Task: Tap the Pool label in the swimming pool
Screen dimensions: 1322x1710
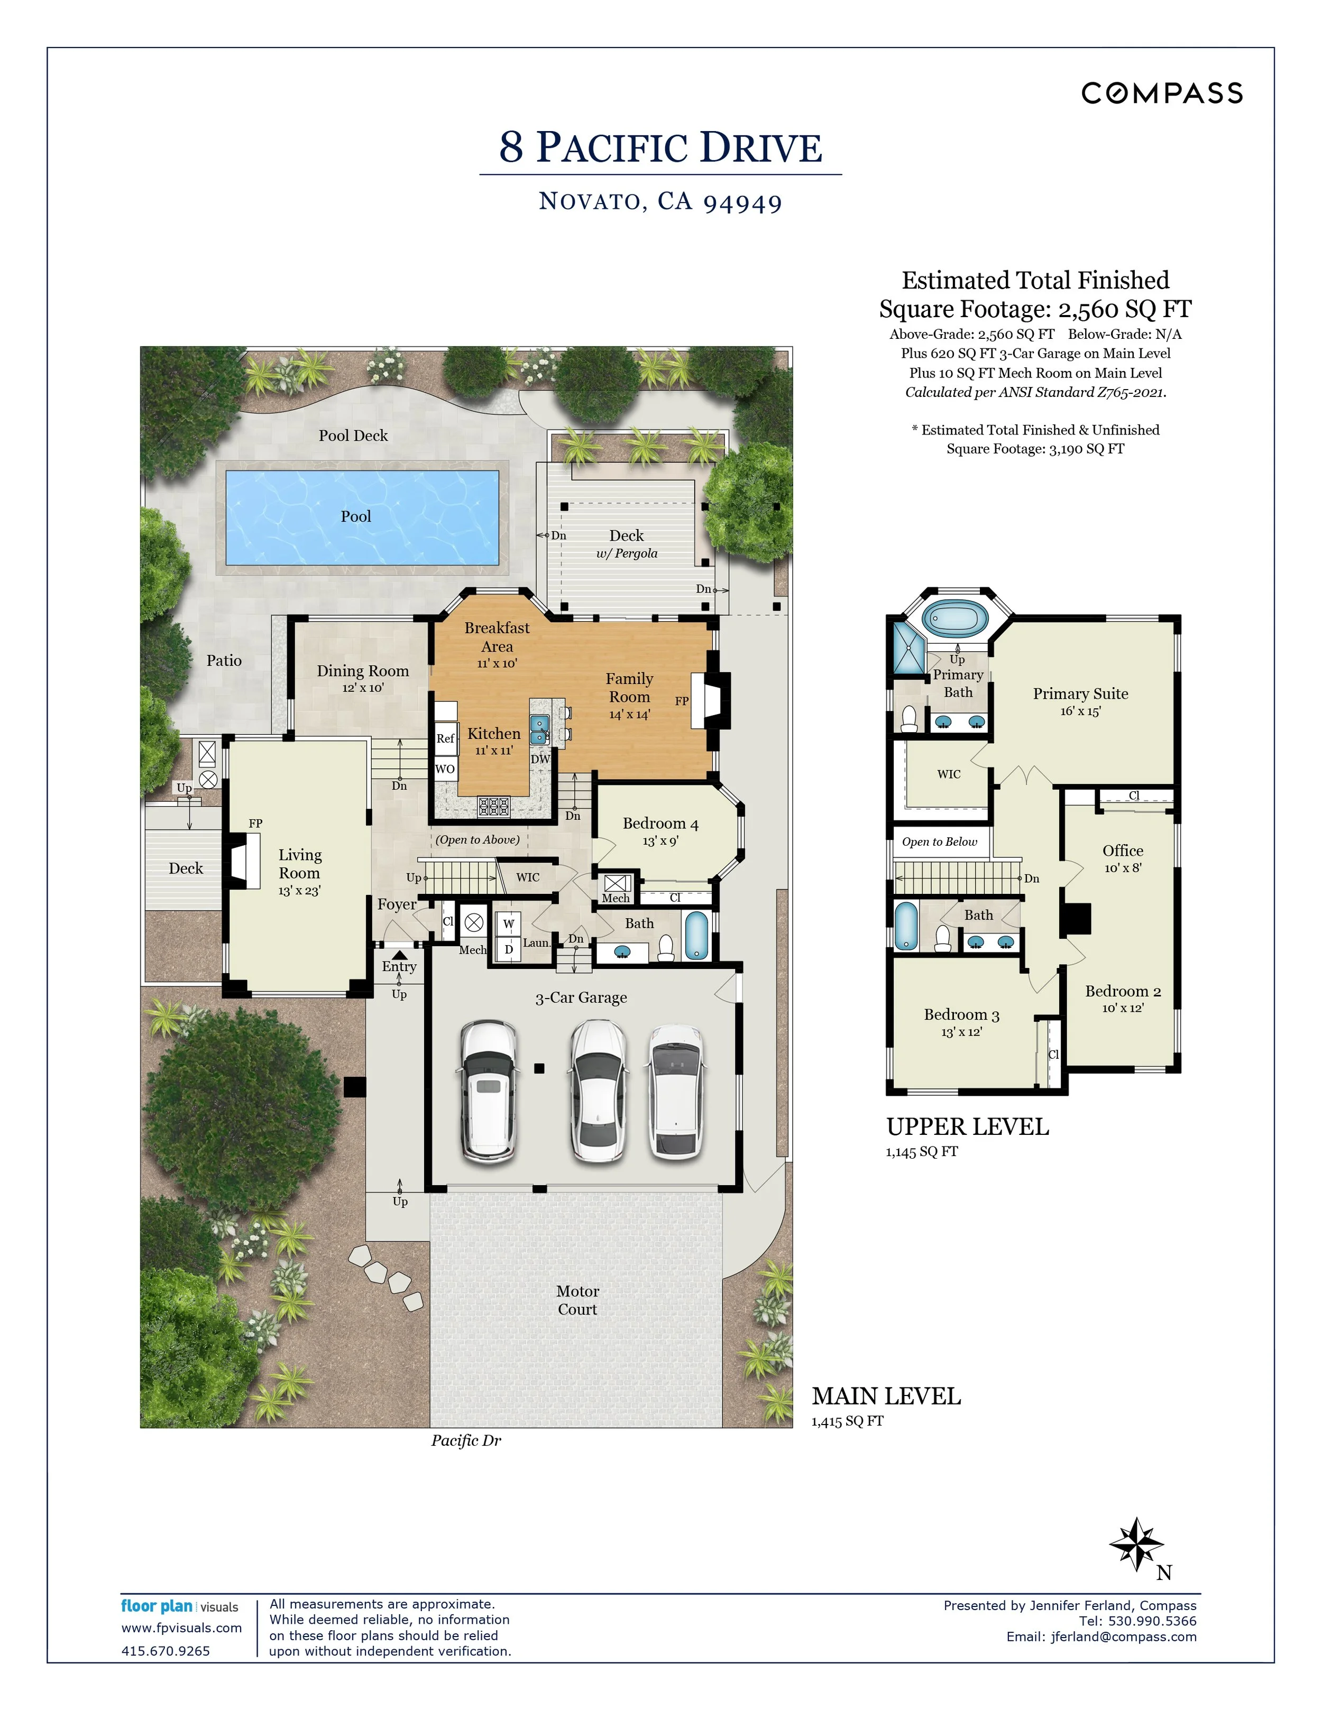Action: click(x=355, y=517)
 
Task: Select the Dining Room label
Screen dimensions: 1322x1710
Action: click(x=363, y=671)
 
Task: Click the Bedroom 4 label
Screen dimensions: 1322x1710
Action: click(x=660, y=824)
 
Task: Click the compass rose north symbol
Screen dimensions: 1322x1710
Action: click(x=1136, y=1545)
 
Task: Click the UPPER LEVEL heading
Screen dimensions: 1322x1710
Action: click(x=967, y=1127)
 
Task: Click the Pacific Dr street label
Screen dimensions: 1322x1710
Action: click(x=466, y=1440)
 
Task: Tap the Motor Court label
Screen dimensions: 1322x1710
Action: click(x=577, y=1300)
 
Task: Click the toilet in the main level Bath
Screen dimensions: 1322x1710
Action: click(x=666, y=949)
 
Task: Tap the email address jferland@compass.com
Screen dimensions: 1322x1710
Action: click(x=1124, y=1637)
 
